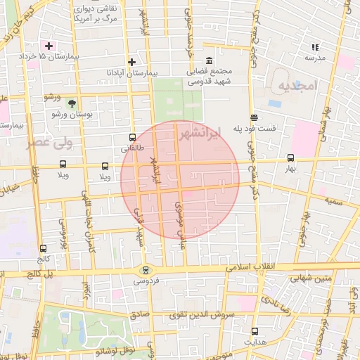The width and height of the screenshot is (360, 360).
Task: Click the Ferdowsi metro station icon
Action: click(146, 270)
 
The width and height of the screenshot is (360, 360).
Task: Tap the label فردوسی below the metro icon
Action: click(146, 281)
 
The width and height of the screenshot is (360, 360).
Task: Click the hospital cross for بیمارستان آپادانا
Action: click(131, 63)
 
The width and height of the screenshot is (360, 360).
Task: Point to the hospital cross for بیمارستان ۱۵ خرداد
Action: click(49, 45)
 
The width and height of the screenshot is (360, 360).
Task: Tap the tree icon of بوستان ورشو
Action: click(72, 103)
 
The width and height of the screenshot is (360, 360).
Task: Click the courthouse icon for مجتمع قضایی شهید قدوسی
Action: click(209, 61)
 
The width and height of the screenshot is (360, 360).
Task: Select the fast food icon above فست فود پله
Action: click(253, 118)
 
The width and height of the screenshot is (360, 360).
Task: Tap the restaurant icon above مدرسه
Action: click(314, 47)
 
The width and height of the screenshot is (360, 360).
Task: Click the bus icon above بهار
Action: click(291, 158)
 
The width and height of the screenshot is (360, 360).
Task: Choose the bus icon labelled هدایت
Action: click(254, 330)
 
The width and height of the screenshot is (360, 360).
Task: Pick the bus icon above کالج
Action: click(44, 248)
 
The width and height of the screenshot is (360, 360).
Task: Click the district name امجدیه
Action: click(298, 86)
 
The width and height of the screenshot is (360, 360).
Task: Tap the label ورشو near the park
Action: click(52, 96)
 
